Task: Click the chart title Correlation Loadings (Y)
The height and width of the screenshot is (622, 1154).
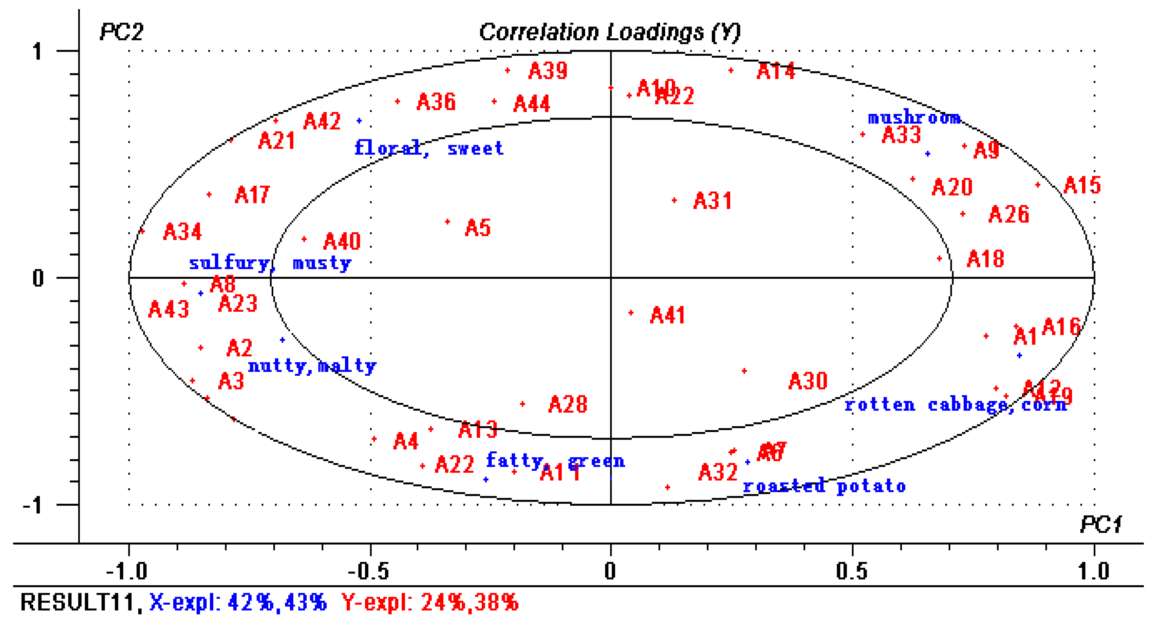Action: (610, 32)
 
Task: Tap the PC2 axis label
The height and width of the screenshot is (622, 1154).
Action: (122, 32)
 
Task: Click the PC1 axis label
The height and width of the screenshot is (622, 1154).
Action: (1100, 524)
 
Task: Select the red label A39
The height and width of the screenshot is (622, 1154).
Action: (548, 71)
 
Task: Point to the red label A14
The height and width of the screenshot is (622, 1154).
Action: (776, 71)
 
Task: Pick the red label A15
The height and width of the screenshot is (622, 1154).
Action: (1082, 185)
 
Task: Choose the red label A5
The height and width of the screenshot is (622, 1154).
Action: (478, 228)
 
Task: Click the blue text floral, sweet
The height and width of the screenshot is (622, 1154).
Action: (429, 148)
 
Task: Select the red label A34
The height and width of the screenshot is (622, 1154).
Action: (182, 232)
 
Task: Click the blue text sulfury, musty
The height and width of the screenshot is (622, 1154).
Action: (270, 263)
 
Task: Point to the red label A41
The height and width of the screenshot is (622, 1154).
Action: (667, 315)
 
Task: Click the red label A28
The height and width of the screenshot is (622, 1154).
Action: (567, 405)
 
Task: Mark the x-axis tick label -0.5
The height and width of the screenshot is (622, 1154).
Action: (368, 571)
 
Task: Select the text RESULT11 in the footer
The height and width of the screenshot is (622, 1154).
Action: (77, 602)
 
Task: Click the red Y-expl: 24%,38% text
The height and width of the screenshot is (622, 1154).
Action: (430, 602)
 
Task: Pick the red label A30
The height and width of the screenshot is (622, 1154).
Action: (808, 381)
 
